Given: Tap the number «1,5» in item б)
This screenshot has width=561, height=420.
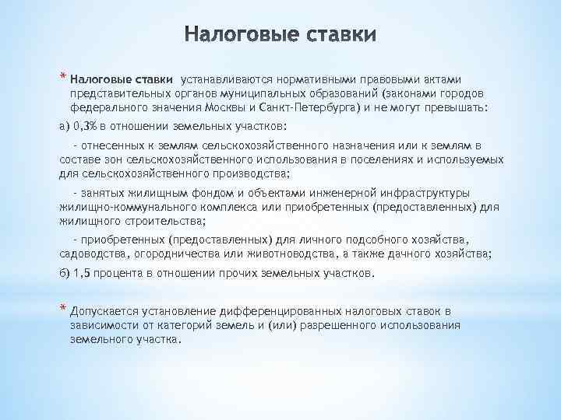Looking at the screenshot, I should pos(82,274).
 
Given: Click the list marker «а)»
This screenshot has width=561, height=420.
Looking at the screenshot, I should pos(65,124).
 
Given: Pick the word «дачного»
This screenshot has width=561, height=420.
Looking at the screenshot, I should pos(401,254).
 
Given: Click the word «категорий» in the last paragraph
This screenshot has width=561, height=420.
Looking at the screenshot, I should pos(176,325).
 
